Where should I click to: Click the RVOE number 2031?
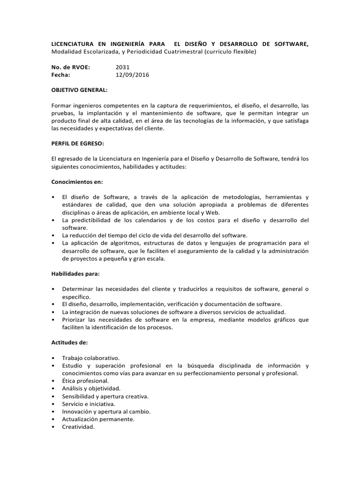pos(123,67)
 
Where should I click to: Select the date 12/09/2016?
pos(132,75)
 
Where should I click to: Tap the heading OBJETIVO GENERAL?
pos(79,90)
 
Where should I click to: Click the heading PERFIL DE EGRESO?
pos(77,143)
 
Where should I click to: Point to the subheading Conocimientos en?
pos(77,181)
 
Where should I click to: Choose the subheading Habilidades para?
pos(75,273)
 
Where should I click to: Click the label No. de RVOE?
pos(70,67)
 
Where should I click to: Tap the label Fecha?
pos(61,75)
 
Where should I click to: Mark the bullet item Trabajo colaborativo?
pos(91,358)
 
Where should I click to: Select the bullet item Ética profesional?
pos(85,381)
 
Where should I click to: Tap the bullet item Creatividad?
pos(78,427)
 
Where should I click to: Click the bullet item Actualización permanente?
pos(98,419)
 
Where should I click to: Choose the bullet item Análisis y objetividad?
pos(91,388)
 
